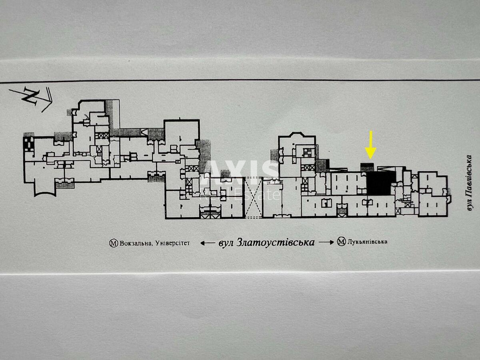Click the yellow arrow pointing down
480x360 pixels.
click(x=371, y=145)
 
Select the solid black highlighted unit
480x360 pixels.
click(x=379, y=184)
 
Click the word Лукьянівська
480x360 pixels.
click(x=368, y=242)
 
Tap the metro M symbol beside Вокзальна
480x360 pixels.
click(x=114, y=243)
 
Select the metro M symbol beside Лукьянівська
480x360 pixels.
click(x=341, y=242)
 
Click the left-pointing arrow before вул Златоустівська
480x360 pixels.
click(x=207, y=243)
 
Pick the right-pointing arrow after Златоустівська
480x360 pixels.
click(x=326, y=242)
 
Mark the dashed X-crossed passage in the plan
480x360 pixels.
click(x=253, y=198)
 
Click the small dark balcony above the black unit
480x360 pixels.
click(x=367, y=166)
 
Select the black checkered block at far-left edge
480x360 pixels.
click(x=29, y=143)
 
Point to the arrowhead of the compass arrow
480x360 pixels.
click(x=49, y=100)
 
